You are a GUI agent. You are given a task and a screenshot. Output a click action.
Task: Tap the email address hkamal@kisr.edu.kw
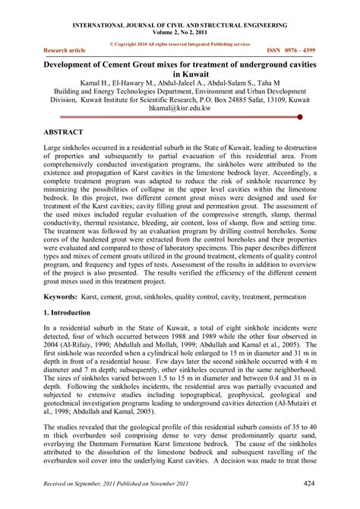[180, 108]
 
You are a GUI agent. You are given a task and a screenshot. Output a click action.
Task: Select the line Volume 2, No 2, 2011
[179, 32]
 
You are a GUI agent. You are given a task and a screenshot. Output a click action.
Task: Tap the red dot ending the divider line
[301, 117]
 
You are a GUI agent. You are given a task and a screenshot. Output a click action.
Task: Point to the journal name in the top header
[179, 24]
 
